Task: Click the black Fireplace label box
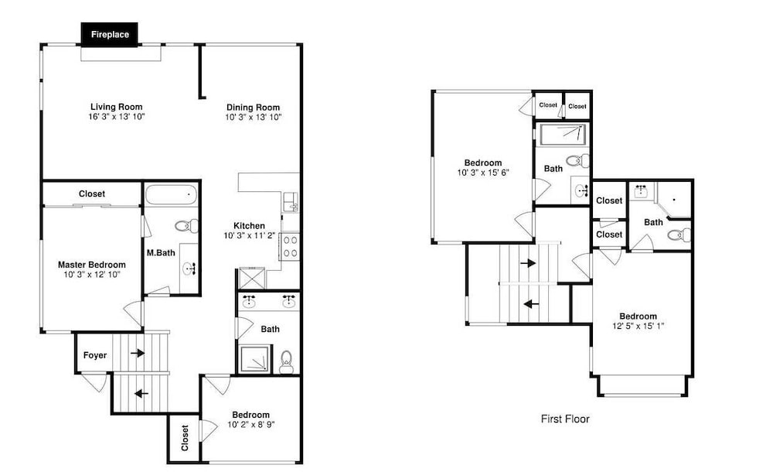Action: tap(109, 35)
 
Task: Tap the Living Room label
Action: tap(117, 107)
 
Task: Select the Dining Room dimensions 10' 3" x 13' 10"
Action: tap(254, 117)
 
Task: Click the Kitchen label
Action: tap(249, 226)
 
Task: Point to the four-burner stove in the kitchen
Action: tap(289, 246)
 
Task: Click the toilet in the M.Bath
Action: tap(187, 226)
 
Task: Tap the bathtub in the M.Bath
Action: tap(172, 194)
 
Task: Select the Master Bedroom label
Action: tap(92, 265)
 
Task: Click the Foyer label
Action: tap(94, 355)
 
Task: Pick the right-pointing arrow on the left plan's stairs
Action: tap(138, 353)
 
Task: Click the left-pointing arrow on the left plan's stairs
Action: tap(141, 394)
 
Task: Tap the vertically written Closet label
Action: tap(185, 438)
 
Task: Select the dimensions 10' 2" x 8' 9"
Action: tap(251, 424)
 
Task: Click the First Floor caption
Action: tap(565, 419)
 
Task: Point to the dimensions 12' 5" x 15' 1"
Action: tap(638, 326)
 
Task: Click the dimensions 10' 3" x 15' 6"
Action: tap(482, 173)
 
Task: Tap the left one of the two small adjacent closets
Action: tap(548, 105)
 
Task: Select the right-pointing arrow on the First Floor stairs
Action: tap(528, 263)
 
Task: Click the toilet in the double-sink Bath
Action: tap(286, 363)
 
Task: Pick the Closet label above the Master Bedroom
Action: tap(92, 193)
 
